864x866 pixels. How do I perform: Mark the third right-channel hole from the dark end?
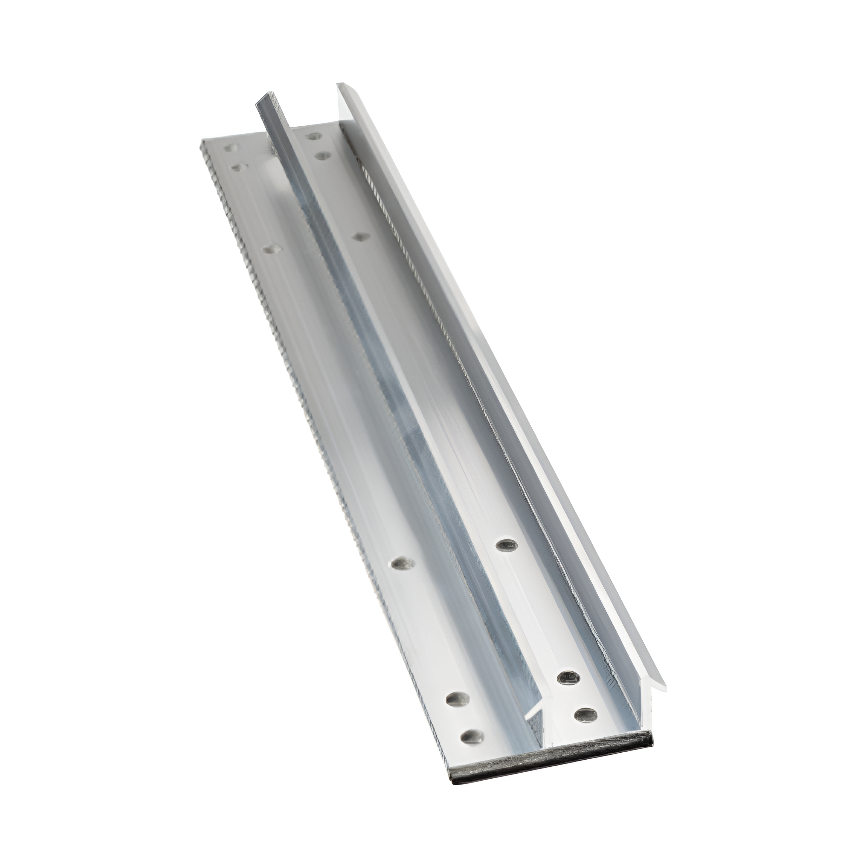coord(507,545)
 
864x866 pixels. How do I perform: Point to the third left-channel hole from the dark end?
coord(402,563)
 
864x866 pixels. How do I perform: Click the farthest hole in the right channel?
coord(315,135)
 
